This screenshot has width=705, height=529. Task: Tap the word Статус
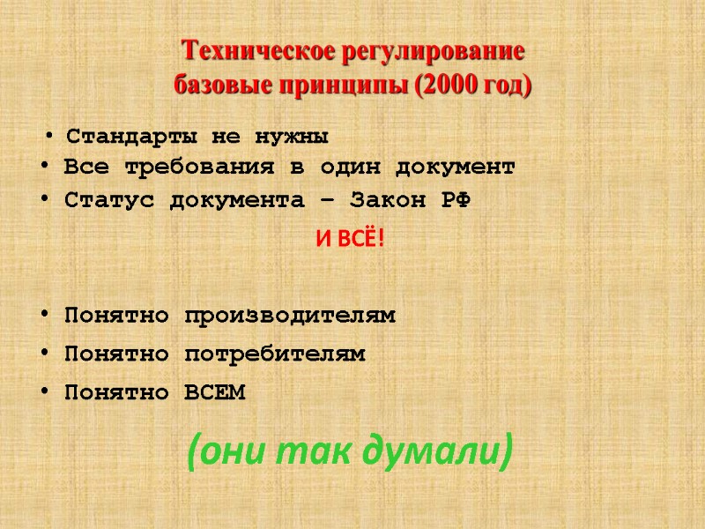click(x=102, y=200)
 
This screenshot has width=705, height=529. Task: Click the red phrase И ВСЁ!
click(x=351, y=238)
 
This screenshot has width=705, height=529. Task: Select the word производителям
click(x=290, y=315)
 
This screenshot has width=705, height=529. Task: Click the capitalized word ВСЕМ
click(x=215, y=392)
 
